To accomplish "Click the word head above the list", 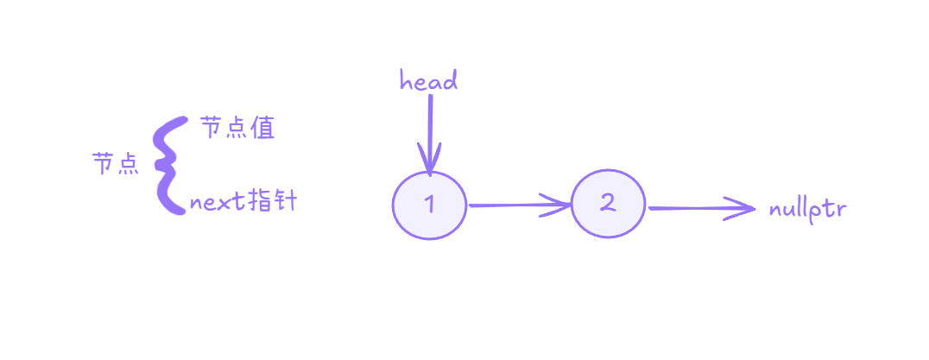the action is pos(428,81).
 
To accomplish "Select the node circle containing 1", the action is pos(429,205).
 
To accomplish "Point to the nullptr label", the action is pos(806,209).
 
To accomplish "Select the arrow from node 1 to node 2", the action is pos(518,205).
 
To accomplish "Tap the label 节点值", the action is pos(237,129).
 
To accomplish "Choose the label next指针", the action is pos(243,203).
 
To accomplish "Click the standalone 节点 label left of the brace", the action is pos(116,164).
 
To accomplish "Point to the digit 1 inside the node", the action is pos(430,205).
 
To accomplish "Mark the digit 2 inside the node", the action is pos(608,203).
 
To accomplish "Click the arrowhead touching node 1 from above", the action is pos(428,164).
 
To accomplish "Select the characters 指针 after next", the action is pos(271,202).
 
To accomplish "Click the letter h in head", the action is pos(405,81).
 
